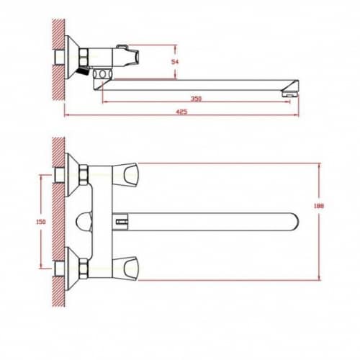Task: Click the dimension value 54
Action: [x=175, y=62]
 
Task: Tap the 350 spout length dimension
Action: [x=196, y=99]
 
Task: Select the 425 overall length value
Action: [x=181, y=112]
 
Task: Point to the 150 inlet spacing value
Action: [x=41, y=222]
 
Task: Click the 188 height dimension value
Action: [x=319, y=206]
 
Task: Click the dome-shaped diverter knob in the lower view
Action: [x=84, y=222]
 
